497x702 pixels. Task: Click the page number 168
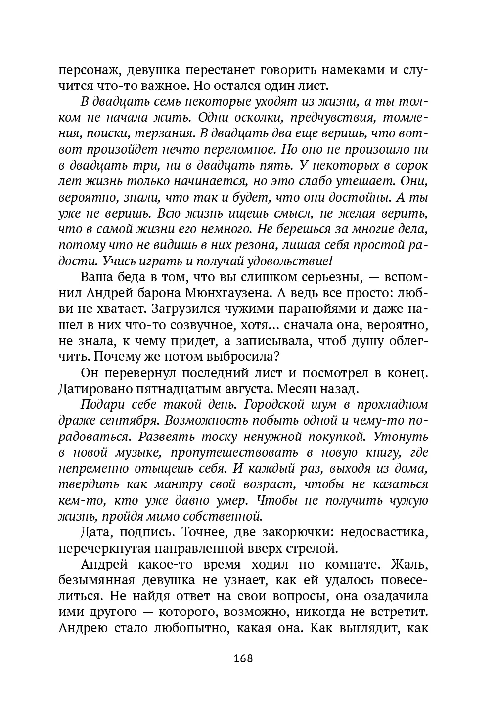point(243,658)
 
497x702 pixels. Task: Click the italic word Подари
point(103,405)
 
